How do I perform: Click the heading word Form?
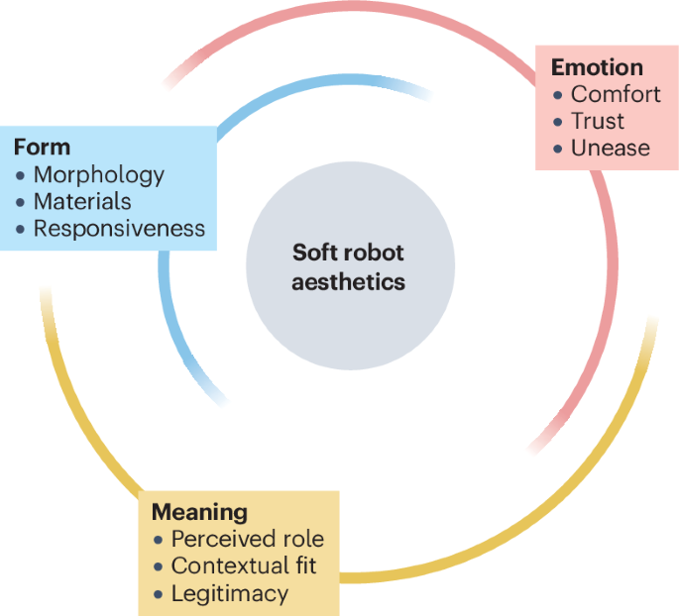tap(42, 148)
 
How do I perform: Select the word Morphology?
tap(99, 175)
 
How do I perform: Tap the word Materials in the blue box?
tap(82, 202)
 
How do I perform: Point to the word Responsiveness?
tap(119, 229)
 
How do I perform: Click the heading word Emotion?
tap(597, 67)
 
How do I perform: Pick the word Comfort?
tap(616, 95)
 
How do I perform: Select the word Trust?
tap(598, 122)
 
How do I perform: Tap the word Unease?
tap(611, 149)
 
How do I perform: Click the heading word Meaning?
tap(199, 512)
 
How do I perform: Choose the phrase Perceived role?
tap(247, 540)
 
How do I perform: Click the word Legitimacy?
tap(229, 593)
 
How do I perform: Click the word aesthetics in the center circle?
tap(349, 281)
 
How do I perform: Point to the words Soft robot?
tap(349, 253)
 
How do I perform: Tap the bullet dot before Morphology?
tap(21, 176)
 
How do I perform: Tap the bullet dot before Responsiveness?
tap(21, 230)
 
